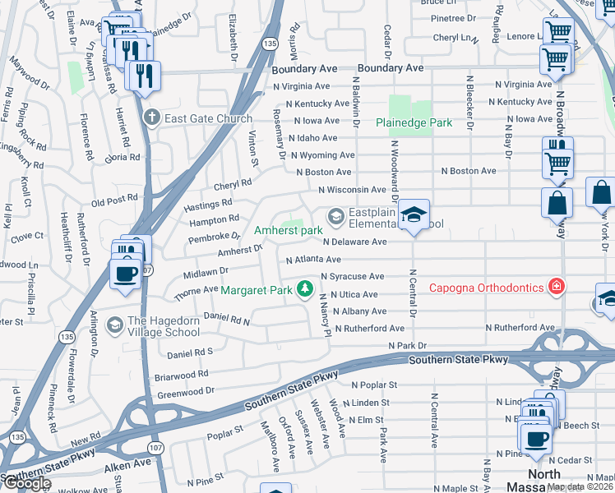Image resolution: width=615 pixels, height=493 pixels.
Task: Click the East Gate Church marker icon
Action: click(x=150, y=118)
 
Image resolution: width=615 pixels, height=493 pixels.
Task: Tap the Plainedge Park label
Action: click(x=414, y=122)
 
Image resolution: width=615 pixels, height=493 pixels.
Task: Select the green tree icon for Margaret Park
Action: click(x=305, y=288)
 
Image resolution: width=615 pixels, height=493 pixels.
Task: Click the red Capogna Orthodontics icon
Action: click(x=557, y=287)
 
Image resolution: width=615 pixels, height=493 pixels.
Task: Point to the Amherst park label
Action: click(x=288, y=231)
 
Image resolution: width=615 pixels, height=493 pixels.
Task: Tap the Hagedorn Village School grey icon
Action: click(x=114, y=325)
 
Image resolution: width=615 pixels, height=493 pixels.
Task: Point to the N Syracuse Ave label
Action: click(x=353, y=277)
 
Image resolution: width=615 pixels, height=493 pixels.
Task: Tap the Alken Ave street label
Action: click(x=129, y=463)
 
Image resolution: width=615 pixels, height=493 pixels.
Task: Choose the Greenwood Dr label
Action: click(x=186, y=392)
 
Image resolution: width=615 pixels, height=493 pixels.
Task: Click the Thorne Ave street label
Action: click(x=195, y=291)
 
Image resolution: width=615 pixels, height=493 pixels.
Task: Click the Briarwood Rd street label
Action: click(x=183, y=375)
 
